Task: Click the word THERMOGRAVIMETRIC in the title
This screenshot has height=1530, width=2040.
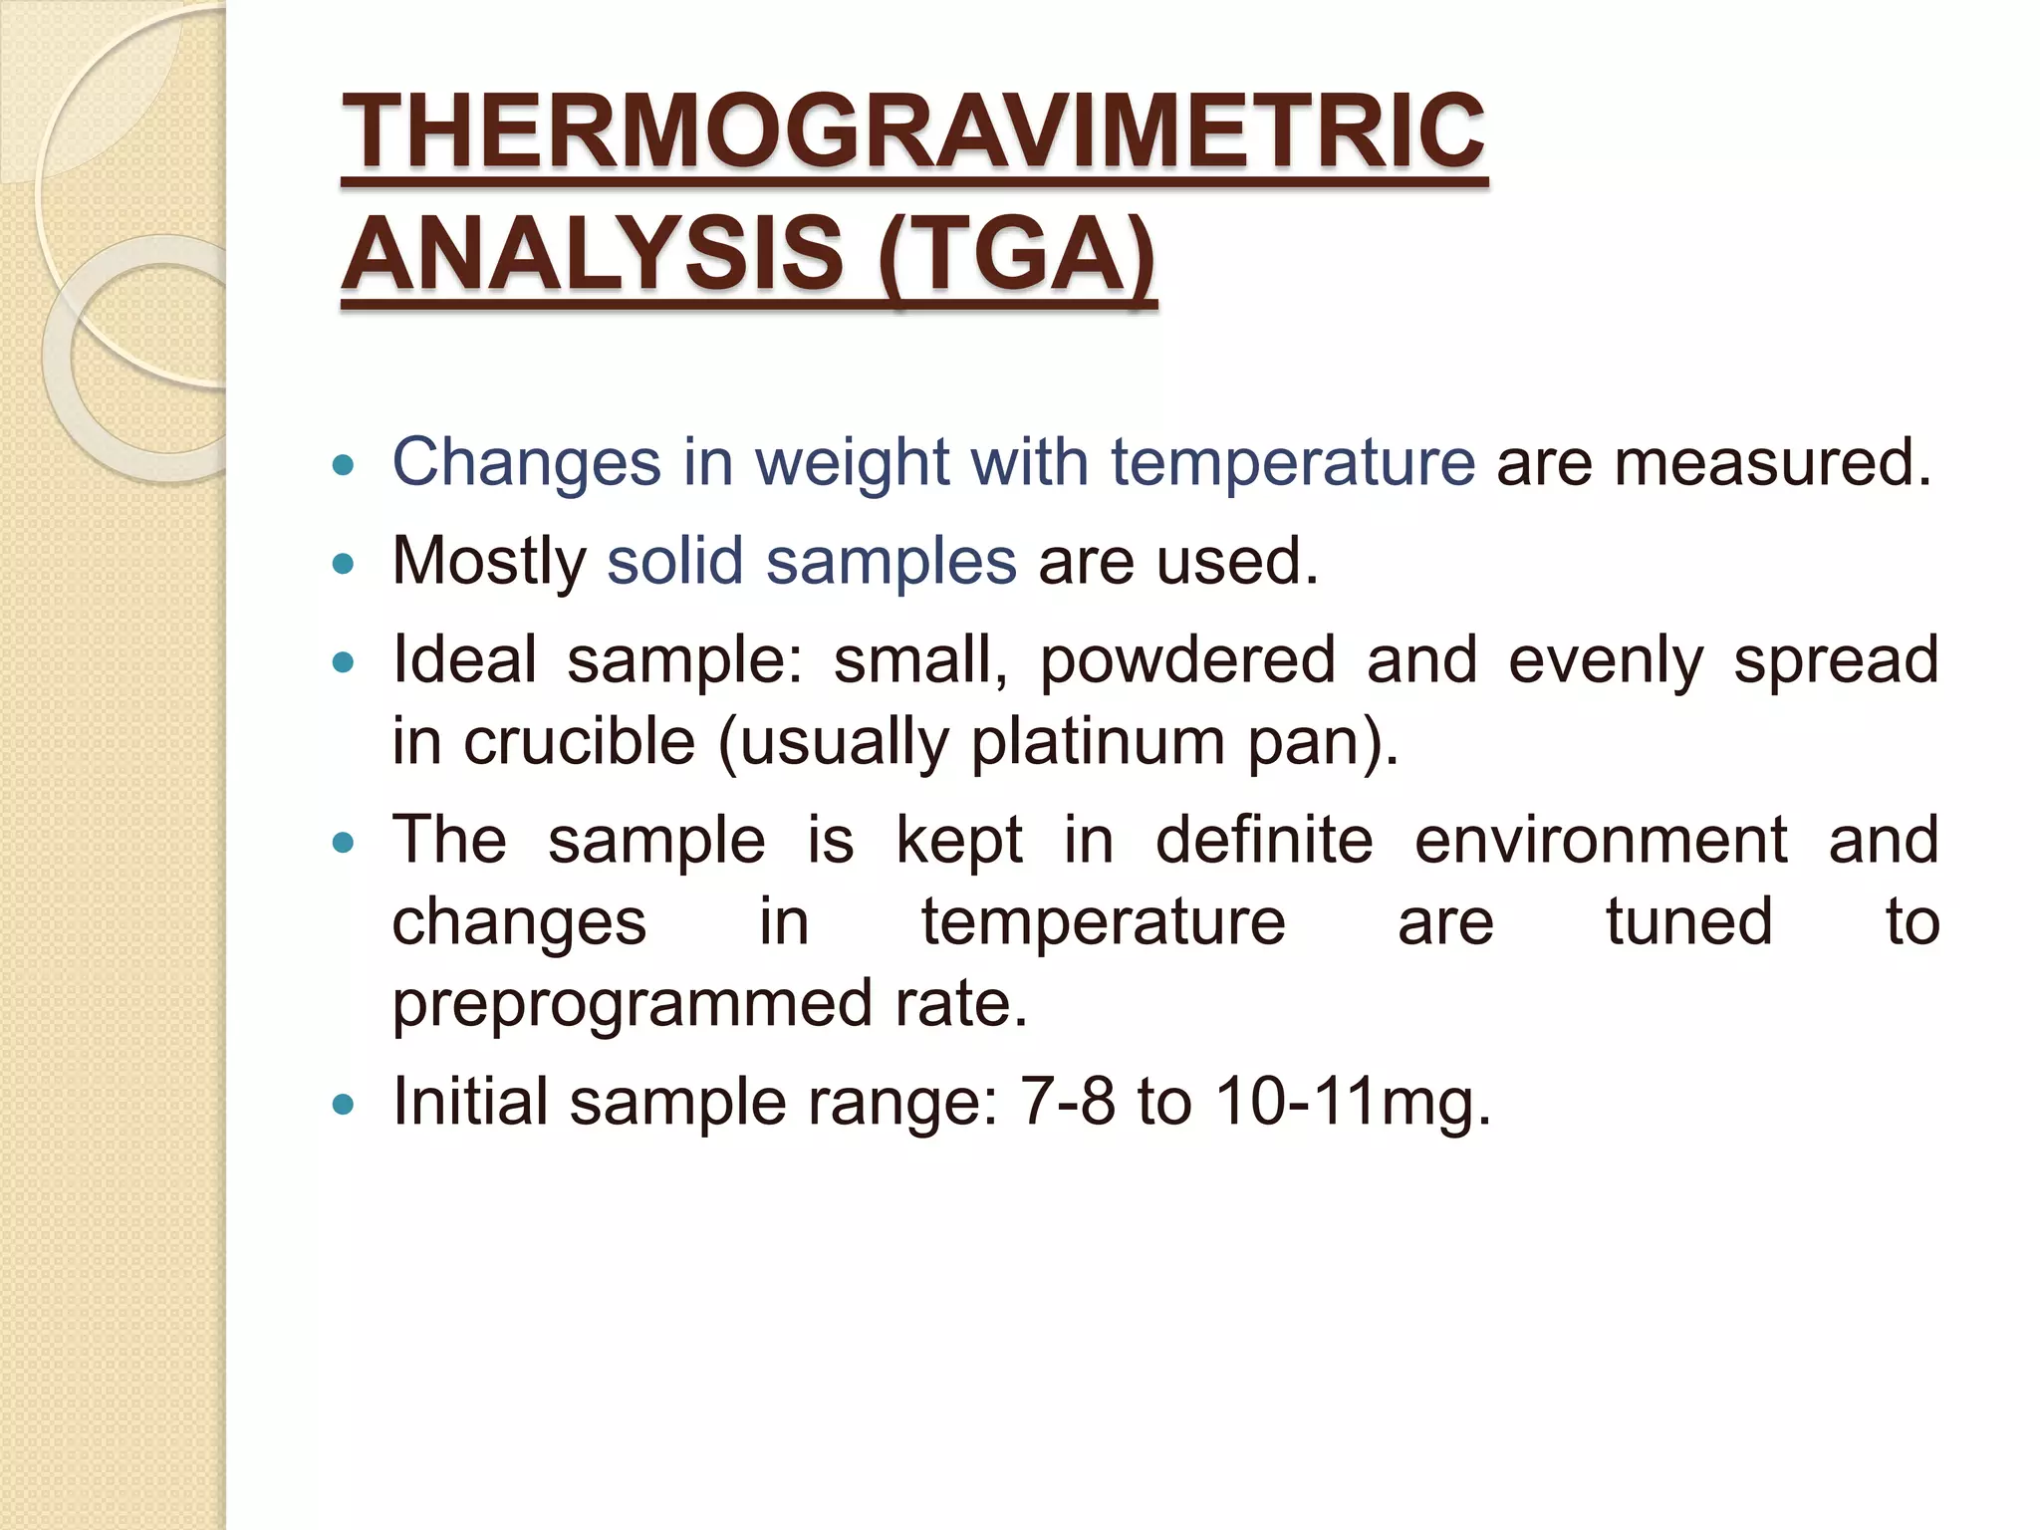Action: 912,131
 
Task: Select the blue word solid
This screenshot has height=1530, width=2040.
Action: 674,561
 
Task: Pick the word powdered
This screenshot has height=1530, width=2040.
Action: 1186,661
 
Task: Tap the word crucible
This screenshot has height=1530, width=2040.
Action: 579,742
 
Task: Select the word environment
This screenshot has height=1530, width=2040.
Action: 1601,840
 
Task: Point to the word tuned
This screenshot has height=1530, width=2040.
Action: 1689,921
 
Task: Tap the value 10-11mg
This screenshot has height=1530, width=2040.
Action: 1353,1104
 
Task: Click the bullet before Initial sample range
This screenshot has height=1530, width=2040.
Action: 343,1104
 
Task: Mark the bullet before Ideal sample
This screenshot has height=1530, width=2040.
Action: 343,662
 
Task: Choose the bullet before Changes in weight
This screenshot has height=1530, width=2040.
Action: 343,464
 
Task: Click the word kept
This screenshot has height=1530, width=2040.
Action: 959,840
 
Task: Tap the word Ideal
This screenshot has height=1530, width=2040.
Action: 464,659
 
